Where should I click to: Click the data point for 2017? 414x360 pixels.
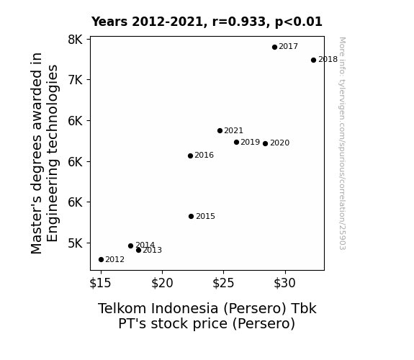point(274,47)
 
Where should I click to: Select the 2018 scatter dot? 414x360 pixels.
point(313,60)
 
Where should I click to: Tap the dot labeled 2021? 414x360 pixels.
point(220,130)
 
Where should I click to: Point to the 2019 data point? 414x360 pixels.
point(236,142)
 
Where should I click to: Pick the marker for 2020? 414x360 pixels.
point(266,143)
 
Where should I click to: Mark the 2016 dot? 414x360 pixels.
point(190,156)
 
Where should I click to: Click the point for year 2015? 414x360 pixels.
point(191,216)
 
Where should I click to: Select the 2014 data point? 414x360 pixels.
point(130,246)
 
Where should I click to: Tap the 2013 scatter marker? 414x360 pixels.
point(139,250)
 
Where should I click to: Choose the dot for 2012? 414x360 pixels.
point(101,259)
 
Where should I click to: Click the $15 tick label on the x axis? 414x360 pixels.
point(100,283)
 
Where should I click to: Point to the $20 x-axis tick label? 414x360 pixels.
point(162,283)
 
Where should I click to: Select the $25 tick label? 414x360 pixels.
point(223,283)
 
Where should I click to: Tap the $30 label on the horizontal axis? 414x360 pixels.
point(285,283)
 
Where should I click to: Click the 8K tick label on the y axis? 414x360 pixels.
point(76,40)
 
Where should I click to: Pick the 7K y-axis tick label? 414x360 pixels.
point(76,79)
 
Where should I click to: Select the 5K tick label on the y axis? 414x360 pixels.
point(76,243)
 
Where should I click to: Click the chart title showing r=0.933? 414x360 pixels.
point(207,22)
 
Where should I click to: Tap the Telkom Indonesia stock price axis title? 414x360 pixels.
point(207,316)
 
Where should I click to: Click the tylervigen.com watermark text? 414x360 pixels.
point(342,143)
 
